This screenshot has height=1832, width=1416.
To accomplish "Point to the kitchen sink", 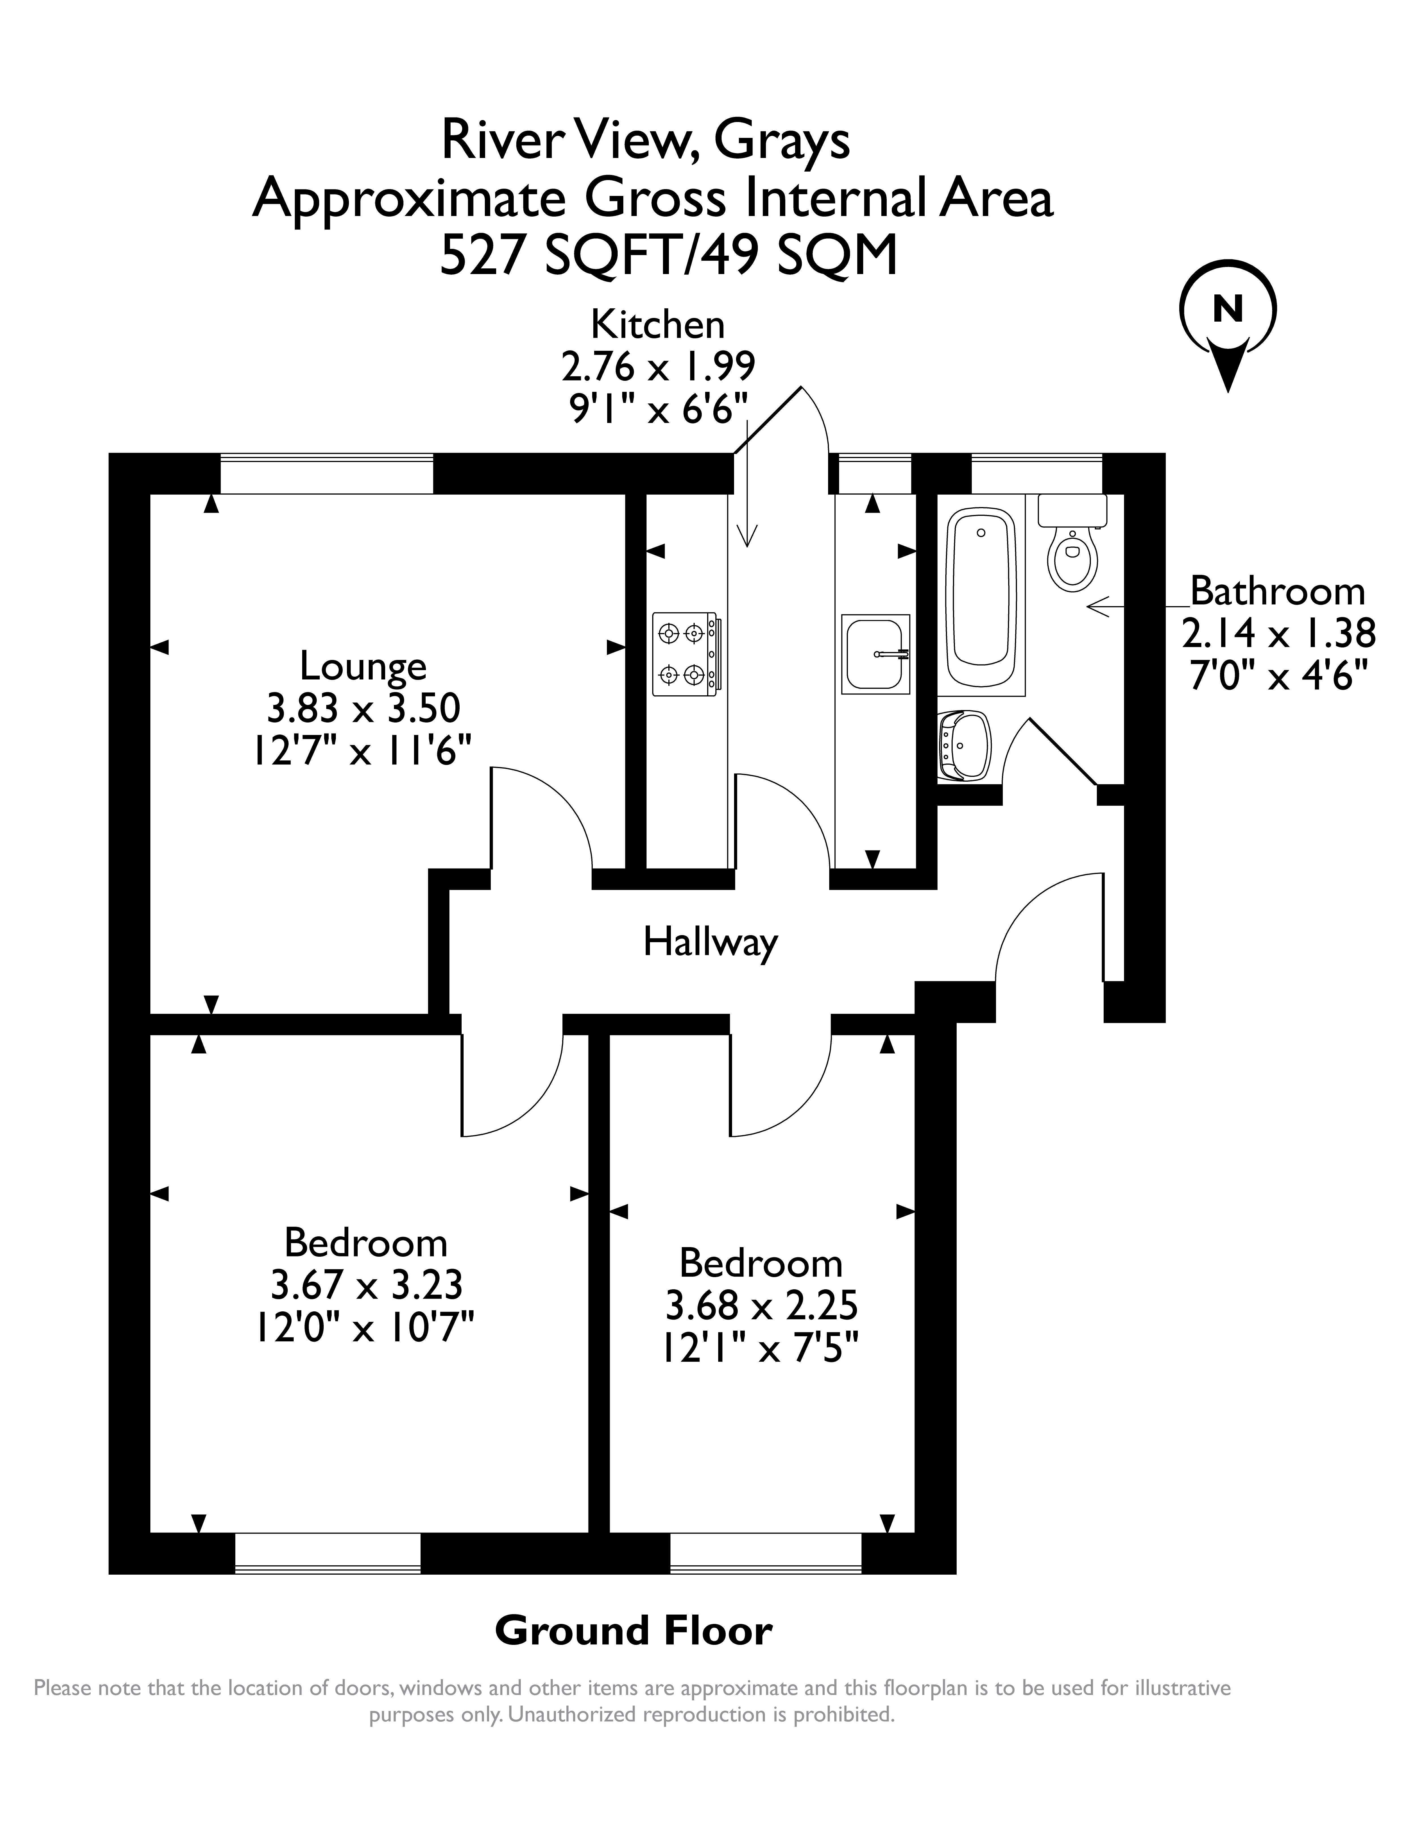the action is coord(875,654).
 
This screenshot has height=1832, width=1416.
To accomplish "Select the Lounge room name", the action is coord(363,667).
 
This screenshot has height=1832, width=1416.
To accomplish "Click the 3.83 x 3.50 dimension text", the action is coord(363,709).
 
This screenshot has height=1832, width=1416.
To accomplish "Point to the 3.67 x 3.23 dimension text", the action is coord(366,1284).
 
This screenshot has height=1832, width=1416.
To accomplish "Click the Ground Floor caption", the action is coord(633,1631).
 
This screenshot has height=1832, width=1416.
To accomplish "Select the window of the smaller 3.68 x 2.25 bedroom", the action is coord(766,1553).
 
